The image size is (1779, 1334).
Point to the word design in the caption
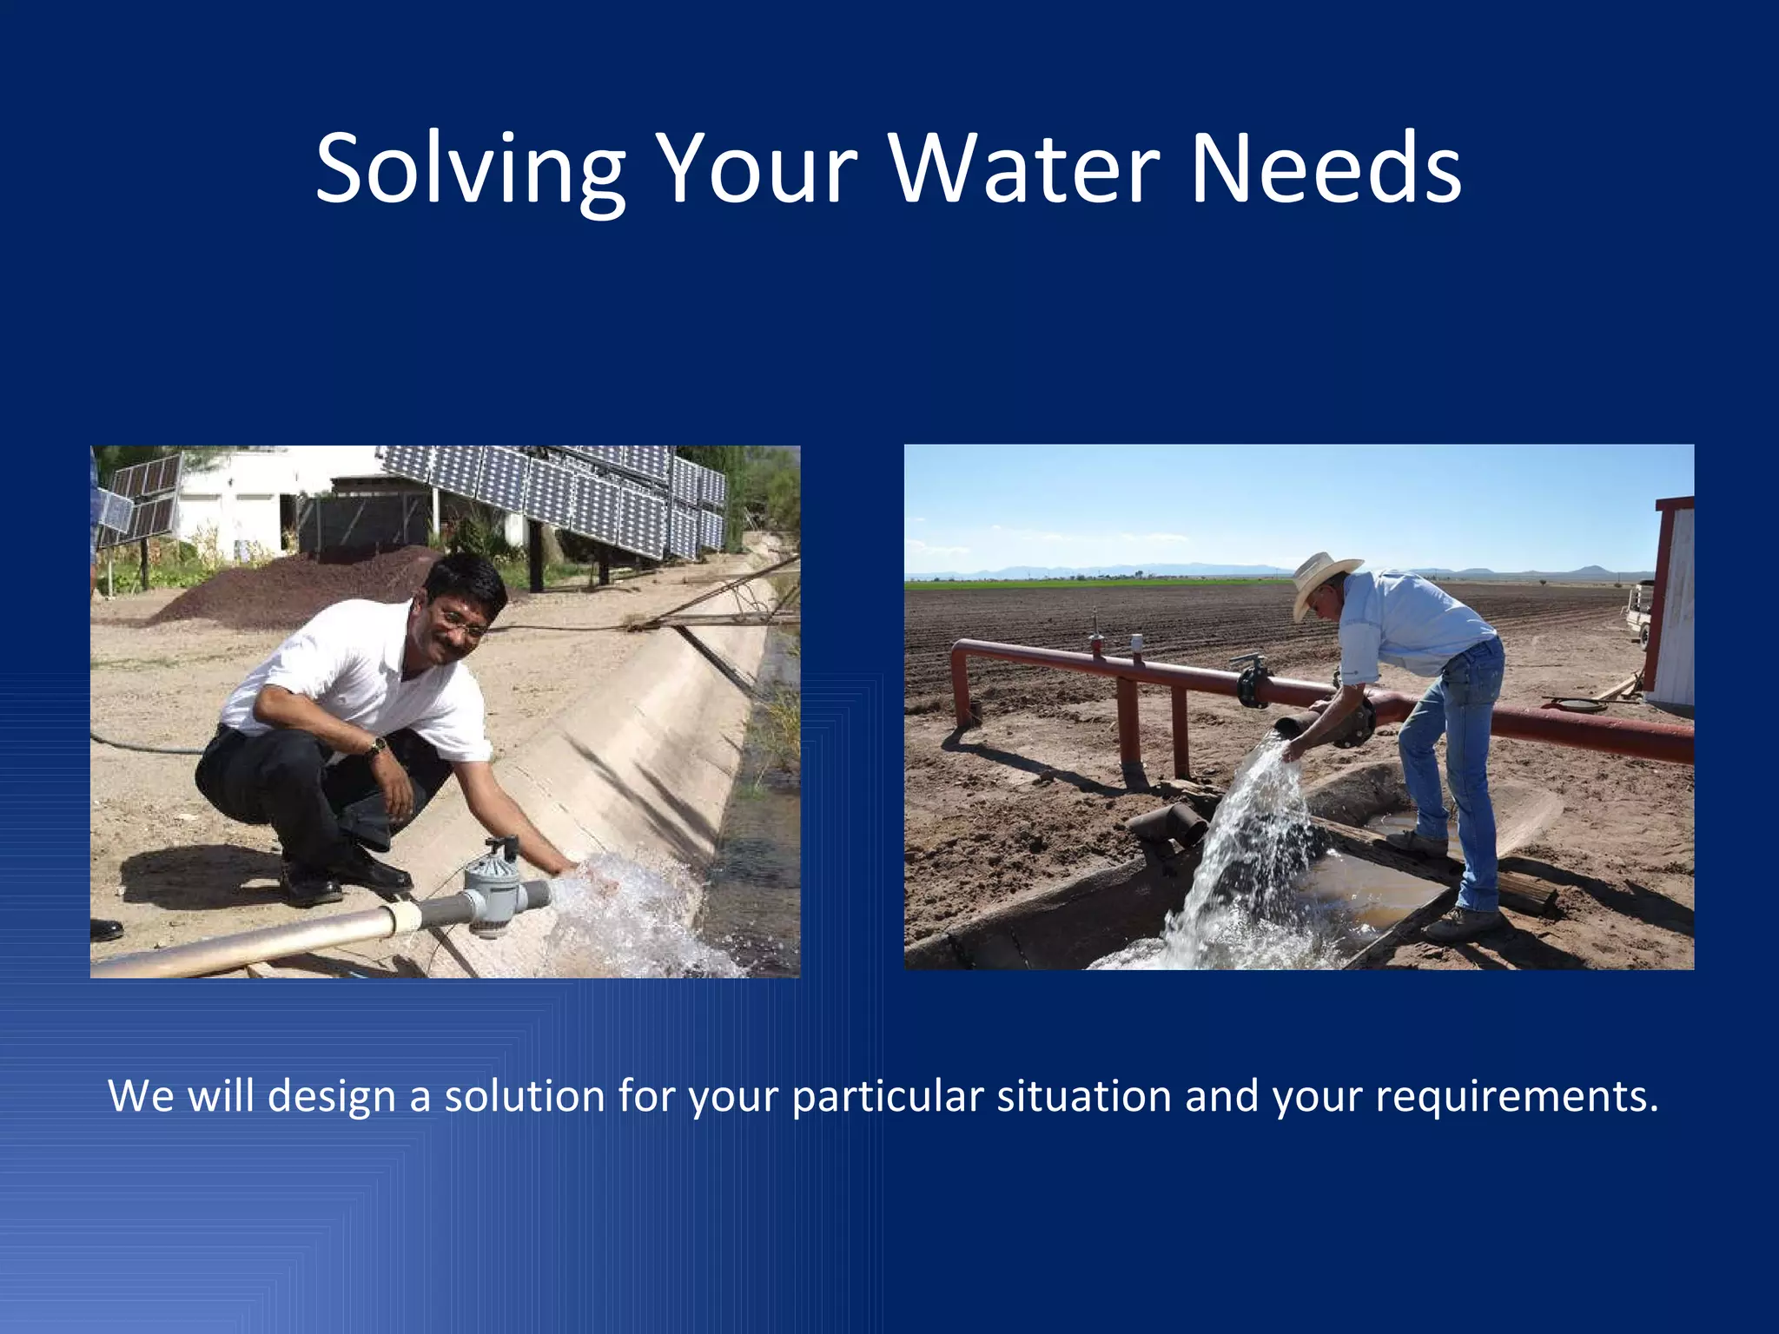(x=332, y=1096)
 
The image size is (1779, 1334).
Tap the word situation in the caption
(x=1084, y=1096)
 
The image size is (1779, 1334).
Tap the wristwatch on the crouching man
(x=378, y=745)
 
